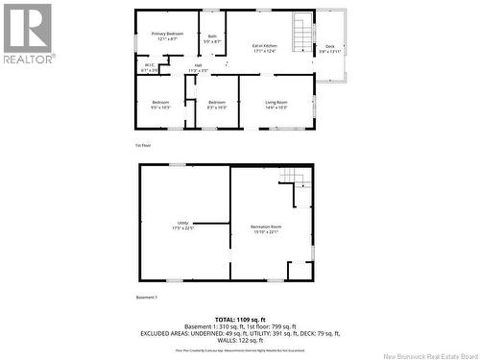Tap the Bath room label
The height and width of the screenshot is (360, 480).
click(x=212, y=39)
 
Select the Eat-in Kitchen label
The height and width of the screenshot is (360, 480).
click(x=264, y=48)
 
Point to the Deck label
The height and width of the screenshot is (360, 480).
click(x=329, y=48)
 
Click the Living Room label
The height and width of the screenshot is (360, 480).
click(x=276, y=105)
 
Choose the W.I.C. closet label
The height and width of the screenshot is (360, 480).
click(x=150, y=68)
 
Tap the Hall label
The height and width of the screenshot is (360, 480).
click(x=198, y=68)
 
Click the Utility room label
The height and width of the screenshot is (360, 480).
click(x=182, y=226)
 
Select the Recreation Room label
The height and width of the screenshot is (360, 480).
click(x=266, y=228)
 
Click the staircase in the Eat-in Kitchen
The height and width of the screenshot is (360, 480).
click(x=303, y=34)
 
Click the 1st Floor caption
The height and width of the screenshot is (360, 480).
click(x=143, y=145)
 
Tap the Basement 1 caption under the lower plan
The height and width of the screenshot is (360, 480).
click(x=147, y=298)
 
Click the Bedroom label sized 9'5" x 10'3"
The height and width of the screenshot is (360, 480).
click(x=160, y=105)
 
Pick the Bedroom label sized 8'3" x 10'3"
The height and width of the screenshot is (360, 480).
click(x=216, y=105)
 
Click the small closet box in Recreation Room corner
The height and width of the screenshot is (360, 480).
click(x=300, y=270)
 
